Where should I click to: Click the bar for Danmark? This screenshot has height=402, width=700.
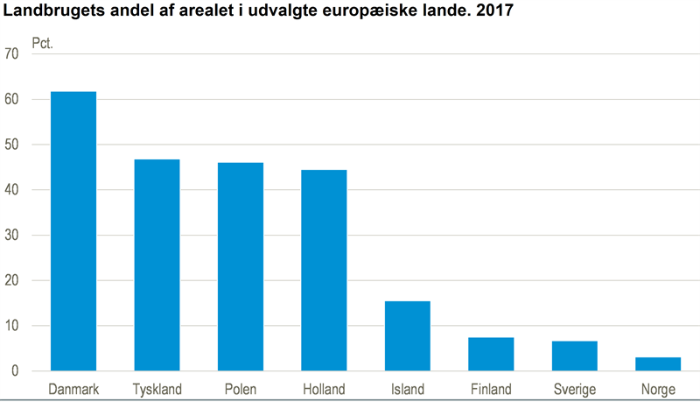[73, 231]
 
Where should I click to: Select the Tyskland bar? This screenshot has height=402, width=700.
[157, 265]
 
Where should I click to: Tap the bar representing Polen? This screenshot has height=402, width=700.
[241, 267]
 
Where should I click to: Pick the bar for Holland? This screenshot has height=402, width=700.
[324, 271]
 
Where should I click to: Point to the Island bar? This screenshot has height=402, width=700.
[408, 336]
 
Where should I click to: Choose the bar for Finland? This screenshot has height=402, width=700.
[491, 354]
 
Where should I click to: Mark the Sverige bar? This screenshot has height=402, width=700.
[575, 356]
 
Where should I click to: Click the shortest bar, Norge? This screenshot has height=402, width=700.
[658, 364]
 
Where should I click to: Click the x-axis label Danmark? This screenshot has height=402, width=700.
[73, 389]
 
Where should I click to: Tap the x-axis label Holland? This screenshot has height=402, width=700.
[324, 389]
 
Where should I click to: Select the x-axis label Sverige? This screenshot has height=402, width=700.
[575, 389]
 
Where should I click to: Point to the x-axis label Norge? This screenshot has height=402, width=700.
[658, 389]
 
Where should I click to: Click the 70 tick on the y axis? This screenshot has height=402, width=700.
[11, 54]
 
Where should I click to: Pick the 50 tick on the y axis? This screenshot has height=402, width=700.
[11, 145]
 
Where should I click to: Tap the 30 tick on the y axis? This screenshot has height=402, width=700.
[11, 236]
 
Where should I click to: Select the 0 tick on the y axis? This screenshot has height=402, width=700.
[15, 371]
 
